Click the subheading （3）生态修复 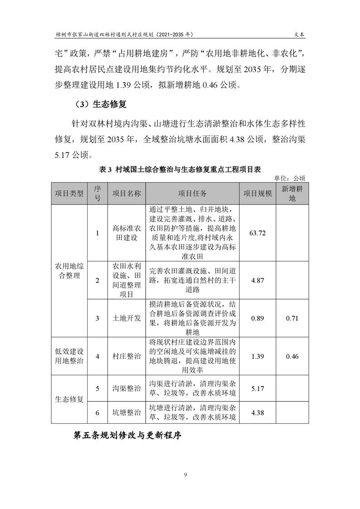[97, 104]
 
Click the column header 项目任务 [192, 193]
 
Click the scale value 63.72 [257, 233]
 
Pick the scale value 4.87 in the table [257, 280]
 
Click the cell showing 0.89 [257, 318]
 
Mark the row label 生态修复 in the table [69, 400]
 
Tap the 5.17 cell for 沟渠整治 [257, 388]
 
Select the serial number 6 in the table [98, 412]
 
